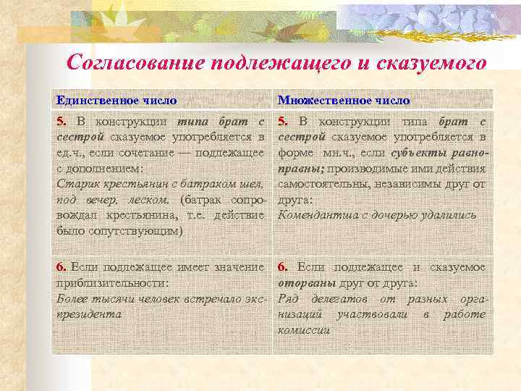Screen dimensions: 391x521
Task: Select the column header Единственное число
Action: pyautogui.click(x=117, y=101)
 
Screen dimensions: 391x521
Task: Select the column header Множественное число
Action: pyautogui.click(x=344, y=101)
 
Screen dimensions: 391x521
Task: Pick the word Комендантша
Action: pyautogui.click(x=315, y=215)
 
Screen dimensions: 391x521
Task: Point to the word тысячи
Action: pyautogui.click(x=109, y=299)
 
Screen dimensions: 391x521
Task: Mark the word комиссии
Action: pyautogui.click(x=304, y=331)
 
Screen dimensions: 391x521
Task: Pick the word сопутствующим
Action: pyautogui.click(x=135, y=231)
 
